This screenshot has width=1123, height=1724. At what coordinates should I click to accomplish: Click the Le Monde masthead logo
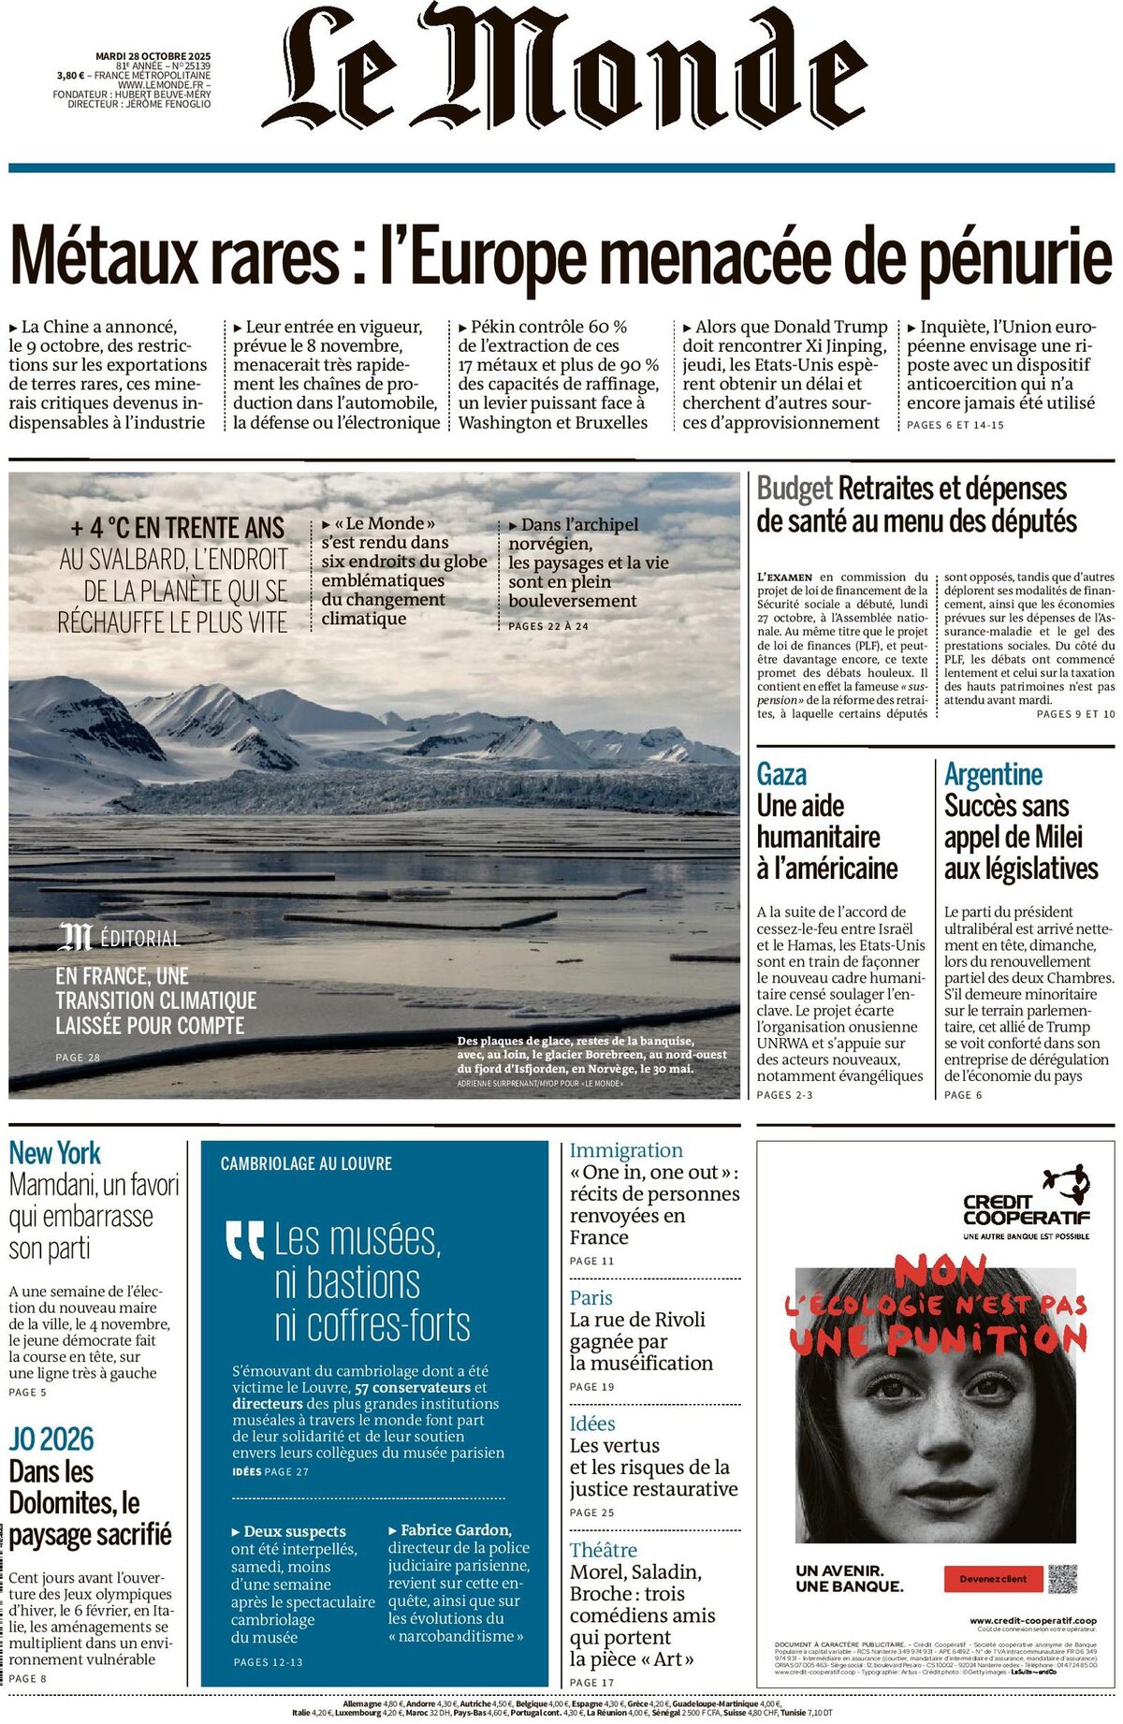click(564, 67)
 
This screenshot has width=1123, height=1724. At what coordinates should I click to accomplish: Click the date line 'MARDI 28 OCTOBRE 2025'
click(153, 56)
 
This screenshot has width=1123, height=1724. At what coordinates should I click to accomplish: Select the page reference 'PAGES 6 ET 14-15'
click(955, 425)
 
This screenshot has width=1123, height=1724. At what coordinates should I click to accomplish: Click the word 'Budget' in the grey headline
click(794, 489)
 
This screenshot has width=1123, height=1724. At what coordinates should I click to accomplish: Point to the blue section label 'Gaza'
click(781, 775)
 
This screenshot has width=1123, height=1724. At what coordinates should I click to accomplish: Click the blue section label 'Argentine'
click(993, 775)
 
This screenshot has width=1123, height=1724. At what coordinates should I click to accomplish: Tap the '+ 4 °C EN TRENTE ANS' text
click(177, 529)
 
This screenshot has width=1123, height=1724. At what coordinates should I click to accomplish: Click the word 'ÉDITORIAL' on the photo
click(139, 939)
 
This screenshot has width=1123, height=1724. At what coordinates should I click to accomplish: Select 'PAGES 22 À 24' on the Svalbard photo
click(548, 626)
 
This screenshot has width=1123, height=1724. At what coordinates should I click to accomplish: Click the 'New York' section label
click(54, 1153)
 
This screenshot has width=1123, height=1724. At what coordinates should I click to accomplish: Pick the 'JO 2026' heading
click(51, 1439)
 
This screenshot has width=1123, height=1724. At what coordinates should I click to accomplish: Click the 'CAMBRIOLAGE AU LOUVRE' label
click(306, 1164)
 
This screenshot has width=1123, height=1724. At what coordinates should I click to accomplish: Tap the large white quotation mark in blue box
click(245, 1240)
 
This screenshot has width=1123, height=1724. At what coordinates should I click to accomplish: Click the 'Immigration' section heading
click(626, 1150)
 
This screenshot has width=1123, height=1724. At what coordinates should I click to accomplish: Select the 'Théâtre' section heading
click(603, 1550)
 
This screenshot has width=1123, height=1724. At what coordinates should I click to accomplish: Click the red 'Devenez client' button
click(993, 1579)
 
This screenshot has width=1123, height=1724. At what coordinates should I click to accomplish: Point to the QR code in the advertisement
click(1062, 1579)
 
